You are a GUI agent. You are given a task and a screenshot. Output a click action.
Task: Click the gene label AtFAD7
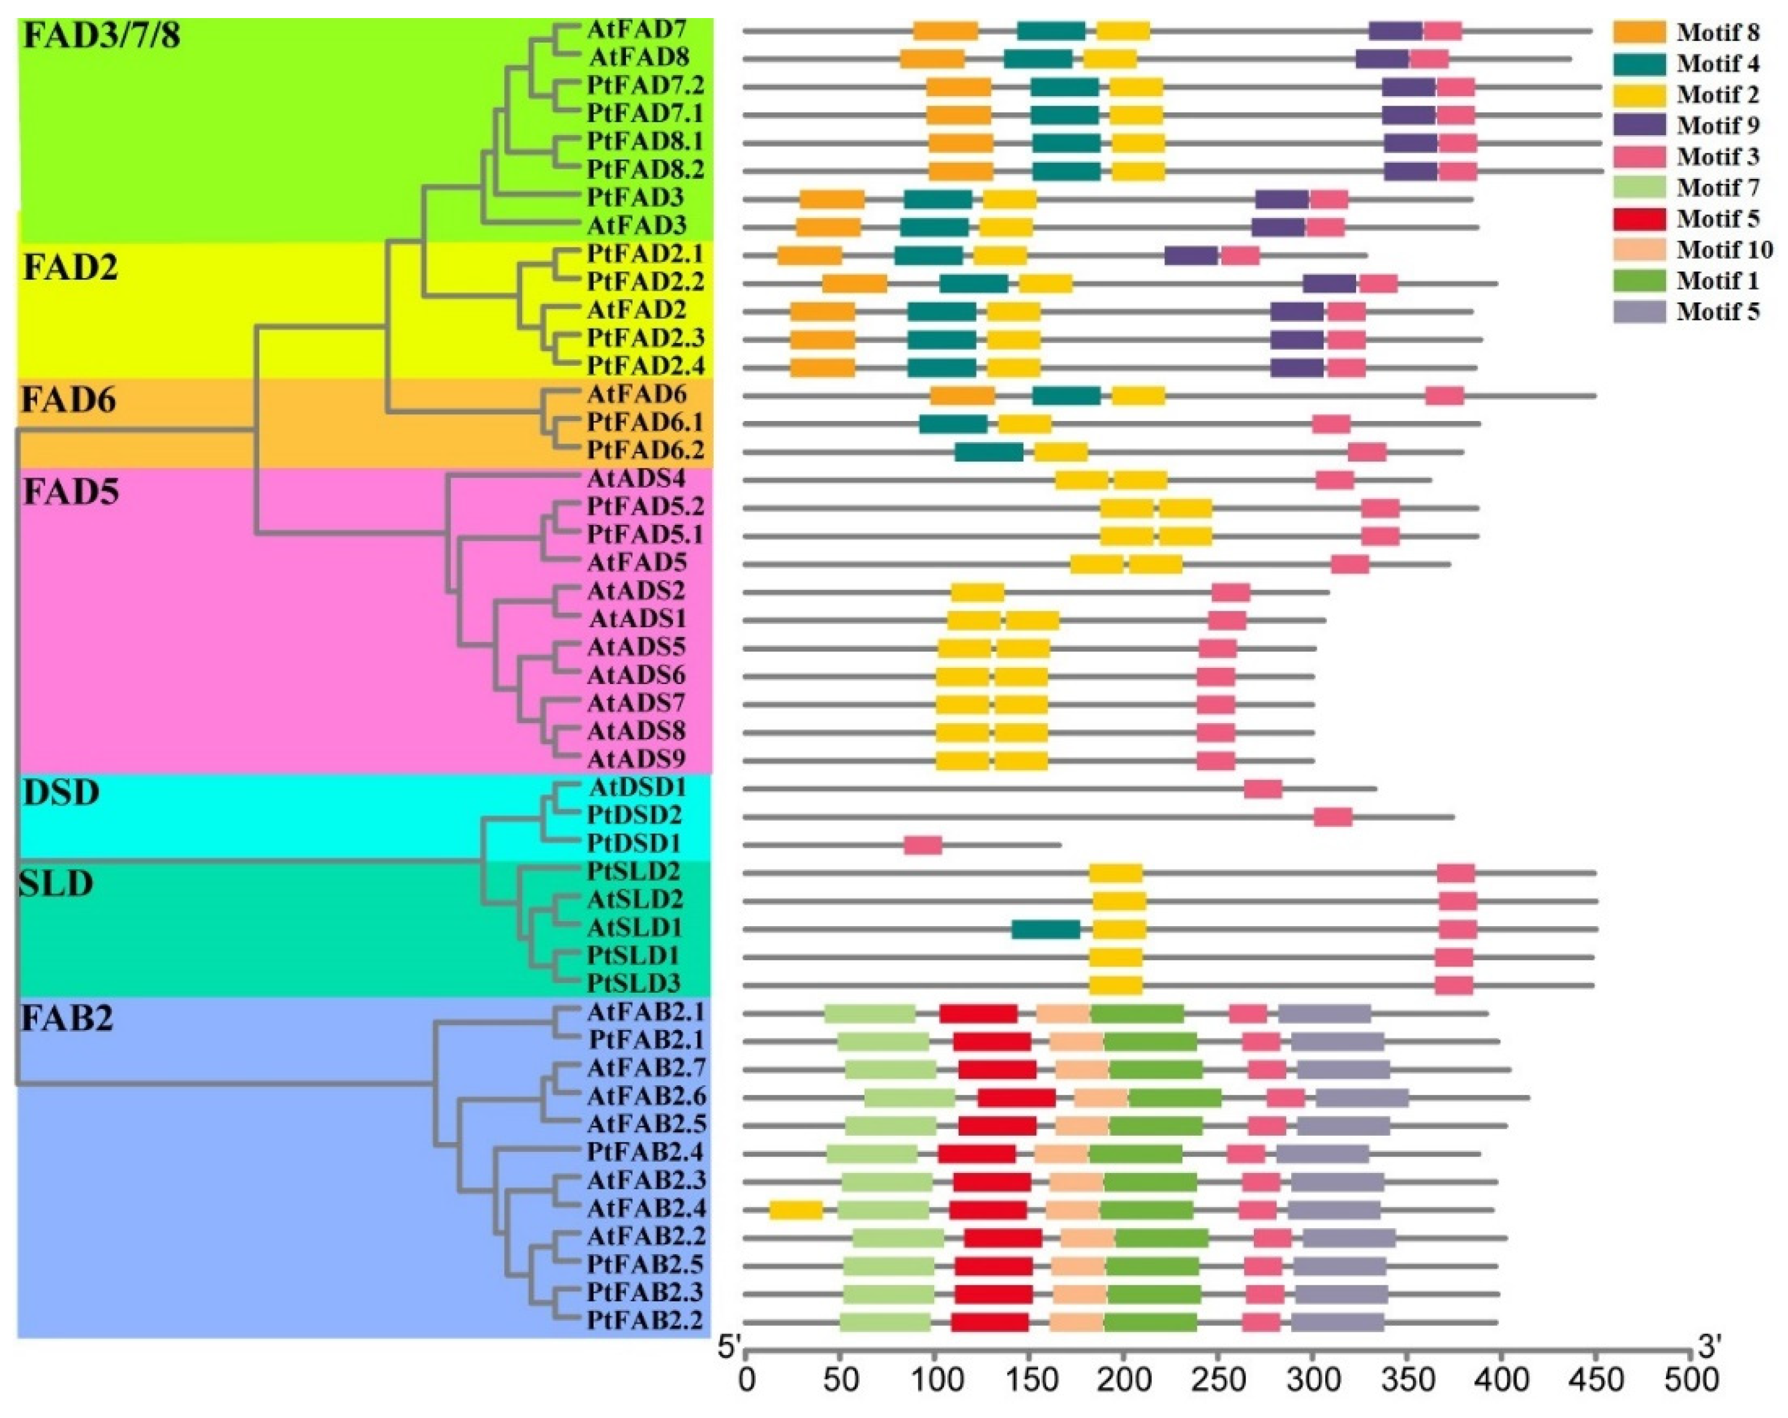636,30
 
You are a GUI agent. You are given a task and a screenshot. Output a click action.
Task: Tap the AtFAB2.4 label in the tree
646,1208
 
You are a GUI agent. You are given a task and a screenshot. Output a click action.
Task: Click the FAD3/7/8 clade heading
101,37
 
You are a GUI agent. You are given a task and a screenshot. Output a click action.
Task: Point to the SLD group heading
56,885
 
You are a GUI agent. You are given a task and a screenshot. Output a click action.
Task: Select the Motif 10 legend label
1724,250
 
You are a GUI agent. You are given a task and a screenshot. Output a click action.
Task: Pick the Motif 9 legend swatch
1639,125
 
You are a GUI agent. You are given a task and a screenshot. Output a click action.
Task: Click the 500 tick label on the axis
1690,1381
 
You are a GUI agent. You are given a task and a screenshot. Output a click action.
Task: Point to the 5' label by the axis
729,1348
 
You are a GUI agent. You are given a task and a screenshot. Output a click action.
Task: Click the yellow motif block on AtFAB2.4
795,1210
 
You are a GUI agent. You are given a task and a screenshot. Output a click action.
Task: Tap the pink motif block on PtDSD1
922,845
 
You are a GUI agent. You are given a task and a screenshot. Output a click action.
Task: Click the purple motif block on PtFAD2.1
1191,255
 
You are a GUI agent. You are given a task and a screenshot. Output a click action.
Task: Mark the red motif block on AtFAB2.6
1016,1097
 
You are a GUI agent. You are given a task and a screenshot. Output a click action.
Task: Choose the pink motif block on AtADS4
1334,479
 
